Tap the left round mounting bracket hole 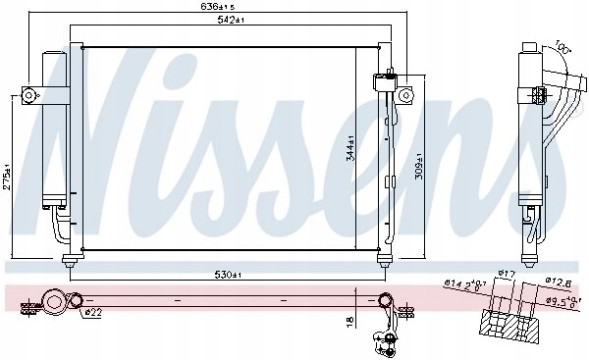point(30,95)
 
